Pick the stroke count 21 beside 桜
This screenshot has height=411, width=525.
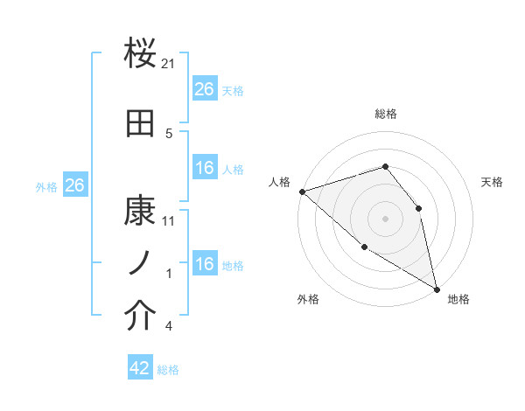tap(169, 64)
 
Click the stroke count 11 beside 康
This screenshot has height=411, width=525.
tap(169, 221)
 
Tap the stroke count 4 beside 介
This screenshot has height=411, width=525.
tap(169, 327)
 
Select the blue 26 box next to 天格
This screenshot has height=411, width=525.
tap(204, 89)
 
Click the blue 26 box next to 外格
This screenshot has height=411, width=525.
tap(74, 185)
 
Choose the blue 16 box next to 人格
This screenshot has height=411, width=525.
tap(204, 168)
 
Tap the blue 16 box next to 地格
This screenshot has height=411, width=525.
tap(204, 264)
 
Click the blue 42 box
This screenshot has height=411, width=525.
tap(140, 368)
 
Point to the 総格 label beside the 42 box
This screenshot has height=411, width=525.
tap(168, 370)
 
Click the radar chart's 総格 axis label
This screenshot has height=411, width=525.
tap(385, 114)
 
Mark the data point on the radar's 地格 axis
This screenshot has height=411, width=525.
tap(436, 289)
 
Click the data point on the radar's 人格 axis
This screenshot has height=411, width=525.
tap(302, 192)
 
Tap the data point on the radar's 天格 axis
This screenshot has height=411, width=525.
tap(418, 208)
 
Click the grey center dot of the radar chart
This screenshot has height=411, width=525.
tap(385, 219)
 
